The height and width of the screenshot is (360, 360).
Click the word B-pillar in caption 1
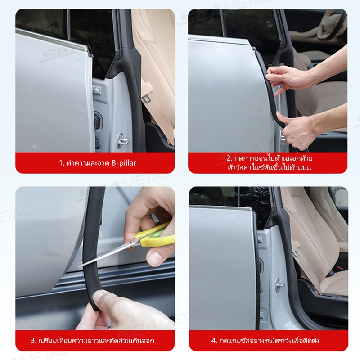124,163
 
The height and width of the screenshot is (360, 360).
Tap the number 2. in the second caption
229,158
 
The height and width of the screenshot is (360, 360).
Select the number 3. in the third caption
33,340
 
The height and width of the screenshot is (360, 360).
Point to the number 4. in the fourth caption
214,340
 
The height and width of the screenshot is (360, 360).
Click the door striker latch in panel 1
121,140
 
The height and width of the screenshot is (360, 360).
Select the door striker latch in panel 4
279,285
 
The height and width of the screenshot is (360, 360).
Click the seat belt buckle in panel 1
147,98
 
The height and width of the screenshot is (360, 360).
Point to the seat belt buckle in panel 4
296,252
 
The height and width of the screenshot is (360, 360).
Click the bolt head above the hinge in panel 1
97,91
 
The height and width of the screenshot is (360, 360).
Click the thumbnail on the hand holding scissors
154,259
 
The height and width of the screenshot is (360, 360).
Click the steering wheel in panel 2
331,25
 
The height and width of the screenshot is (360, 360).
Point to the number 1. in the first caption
61,163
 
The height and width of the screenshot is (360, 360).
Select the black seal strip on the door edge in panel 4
257,271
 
